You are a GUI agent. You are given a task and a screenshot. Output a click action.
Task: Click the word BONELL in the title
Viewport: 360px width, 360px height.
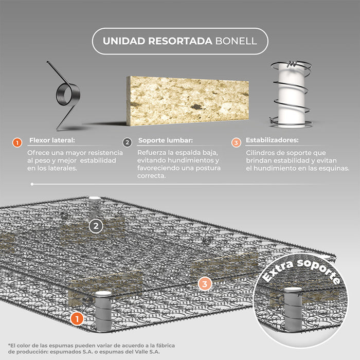236,41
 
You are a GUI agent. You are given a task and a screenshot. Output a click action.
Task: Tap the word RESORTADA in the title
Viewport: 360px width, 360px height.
180,41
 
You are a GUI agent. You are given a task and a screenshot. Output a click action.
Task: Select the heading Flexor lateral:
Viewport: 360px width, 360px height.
52,140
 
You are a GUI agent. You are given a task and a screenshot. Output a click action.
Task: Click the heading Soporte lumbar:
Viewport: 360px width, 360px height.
166,140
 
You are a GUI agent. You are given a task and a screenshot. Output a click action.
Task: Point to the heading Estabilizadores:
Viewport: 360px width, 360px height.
272,140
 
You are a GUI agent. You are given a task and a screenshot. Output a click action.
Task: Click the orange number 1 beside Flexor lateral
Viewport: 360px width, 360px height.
17,143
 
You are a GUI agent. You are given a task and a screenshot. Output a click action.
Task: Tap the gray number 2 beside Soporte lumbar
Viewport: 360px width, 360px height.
127,142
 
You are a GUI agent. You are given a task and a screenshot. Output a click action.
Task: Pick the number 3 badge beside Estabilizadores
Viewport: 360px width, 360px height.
236,142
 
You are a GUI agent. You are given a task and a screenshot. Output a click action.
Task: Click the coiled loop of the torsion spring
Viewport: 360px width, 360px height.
68,95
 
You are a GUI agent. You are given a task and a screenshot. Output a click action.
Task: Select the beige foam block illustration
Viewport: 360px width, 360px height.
187,101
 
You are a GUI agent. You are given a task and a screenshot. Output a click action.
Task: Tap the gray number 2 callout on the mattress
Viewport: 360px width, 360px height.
96,226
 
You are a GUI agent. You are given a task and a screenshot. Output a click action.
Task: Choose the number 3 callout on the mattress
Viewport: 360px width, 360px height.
205,284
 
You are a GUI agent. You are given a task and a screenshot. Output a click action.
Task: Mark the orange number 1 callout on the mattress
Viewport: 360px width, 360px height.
77,319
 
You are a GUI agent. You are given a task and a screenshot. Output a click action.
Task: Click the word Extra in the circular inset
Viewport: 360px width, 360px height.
278,272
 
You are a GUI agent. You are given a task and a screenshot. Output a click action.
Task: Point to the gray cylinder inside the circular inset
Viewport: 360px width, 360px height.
293,309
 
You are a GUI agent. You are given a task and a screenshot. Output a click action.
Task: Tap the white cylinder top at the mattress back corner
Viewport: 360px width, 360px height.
95,198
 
